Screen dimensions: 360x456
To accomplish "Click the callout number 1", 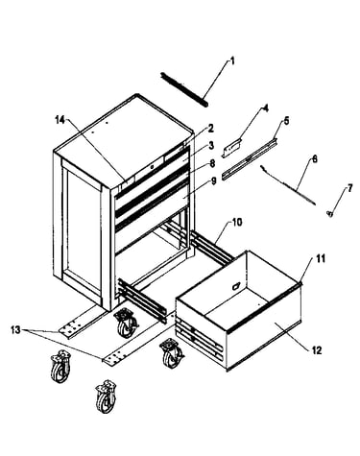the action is pos(232,60).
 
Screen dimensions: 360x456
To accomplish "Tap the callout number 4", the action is pos(265,108).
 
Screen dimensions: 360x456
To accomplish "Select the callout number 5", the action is pos(286,121).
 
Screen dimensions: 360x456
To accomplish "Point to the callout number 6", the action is pos(315,158).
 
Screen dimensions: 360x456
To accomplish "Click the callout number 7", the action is pos(349,188).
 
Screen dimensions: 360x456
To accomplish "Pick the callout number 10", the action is pos(237,222).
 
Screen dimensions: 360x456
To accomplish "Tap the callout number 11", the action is pos(321,258).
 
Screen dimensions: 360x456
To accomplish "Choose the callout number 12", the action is pos(317,350).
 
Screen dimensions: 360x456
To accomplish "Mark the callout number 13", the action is pos(15,329).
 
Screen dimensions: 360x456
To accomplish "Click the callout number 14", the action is pos(60,120).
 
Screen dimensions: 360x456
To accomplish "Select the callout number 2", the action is pos(210,129).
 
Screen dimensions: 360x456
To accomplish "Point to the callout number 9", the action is pos(214,181).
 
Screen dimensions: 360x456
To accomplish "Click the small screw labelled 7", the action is pos(329,213).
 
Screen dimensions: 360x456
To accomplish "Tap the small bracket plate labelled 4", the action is pos(231,147).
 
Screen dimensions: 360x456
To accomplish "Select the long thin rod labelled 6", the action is pos(288,184).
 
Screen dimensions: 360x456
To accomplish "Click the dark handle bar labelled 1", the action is pos(184,89).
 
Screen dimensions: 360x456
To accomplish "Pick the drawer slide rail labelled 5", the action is pos(250,157).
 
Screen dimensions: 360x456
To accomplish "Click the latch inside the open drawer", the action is pos(236,285).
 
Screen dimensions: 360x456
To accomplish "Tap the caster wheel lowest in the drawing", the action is pos(107,396).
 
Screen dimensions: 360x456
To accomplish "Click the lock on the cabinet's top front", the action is pos(153,167).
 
